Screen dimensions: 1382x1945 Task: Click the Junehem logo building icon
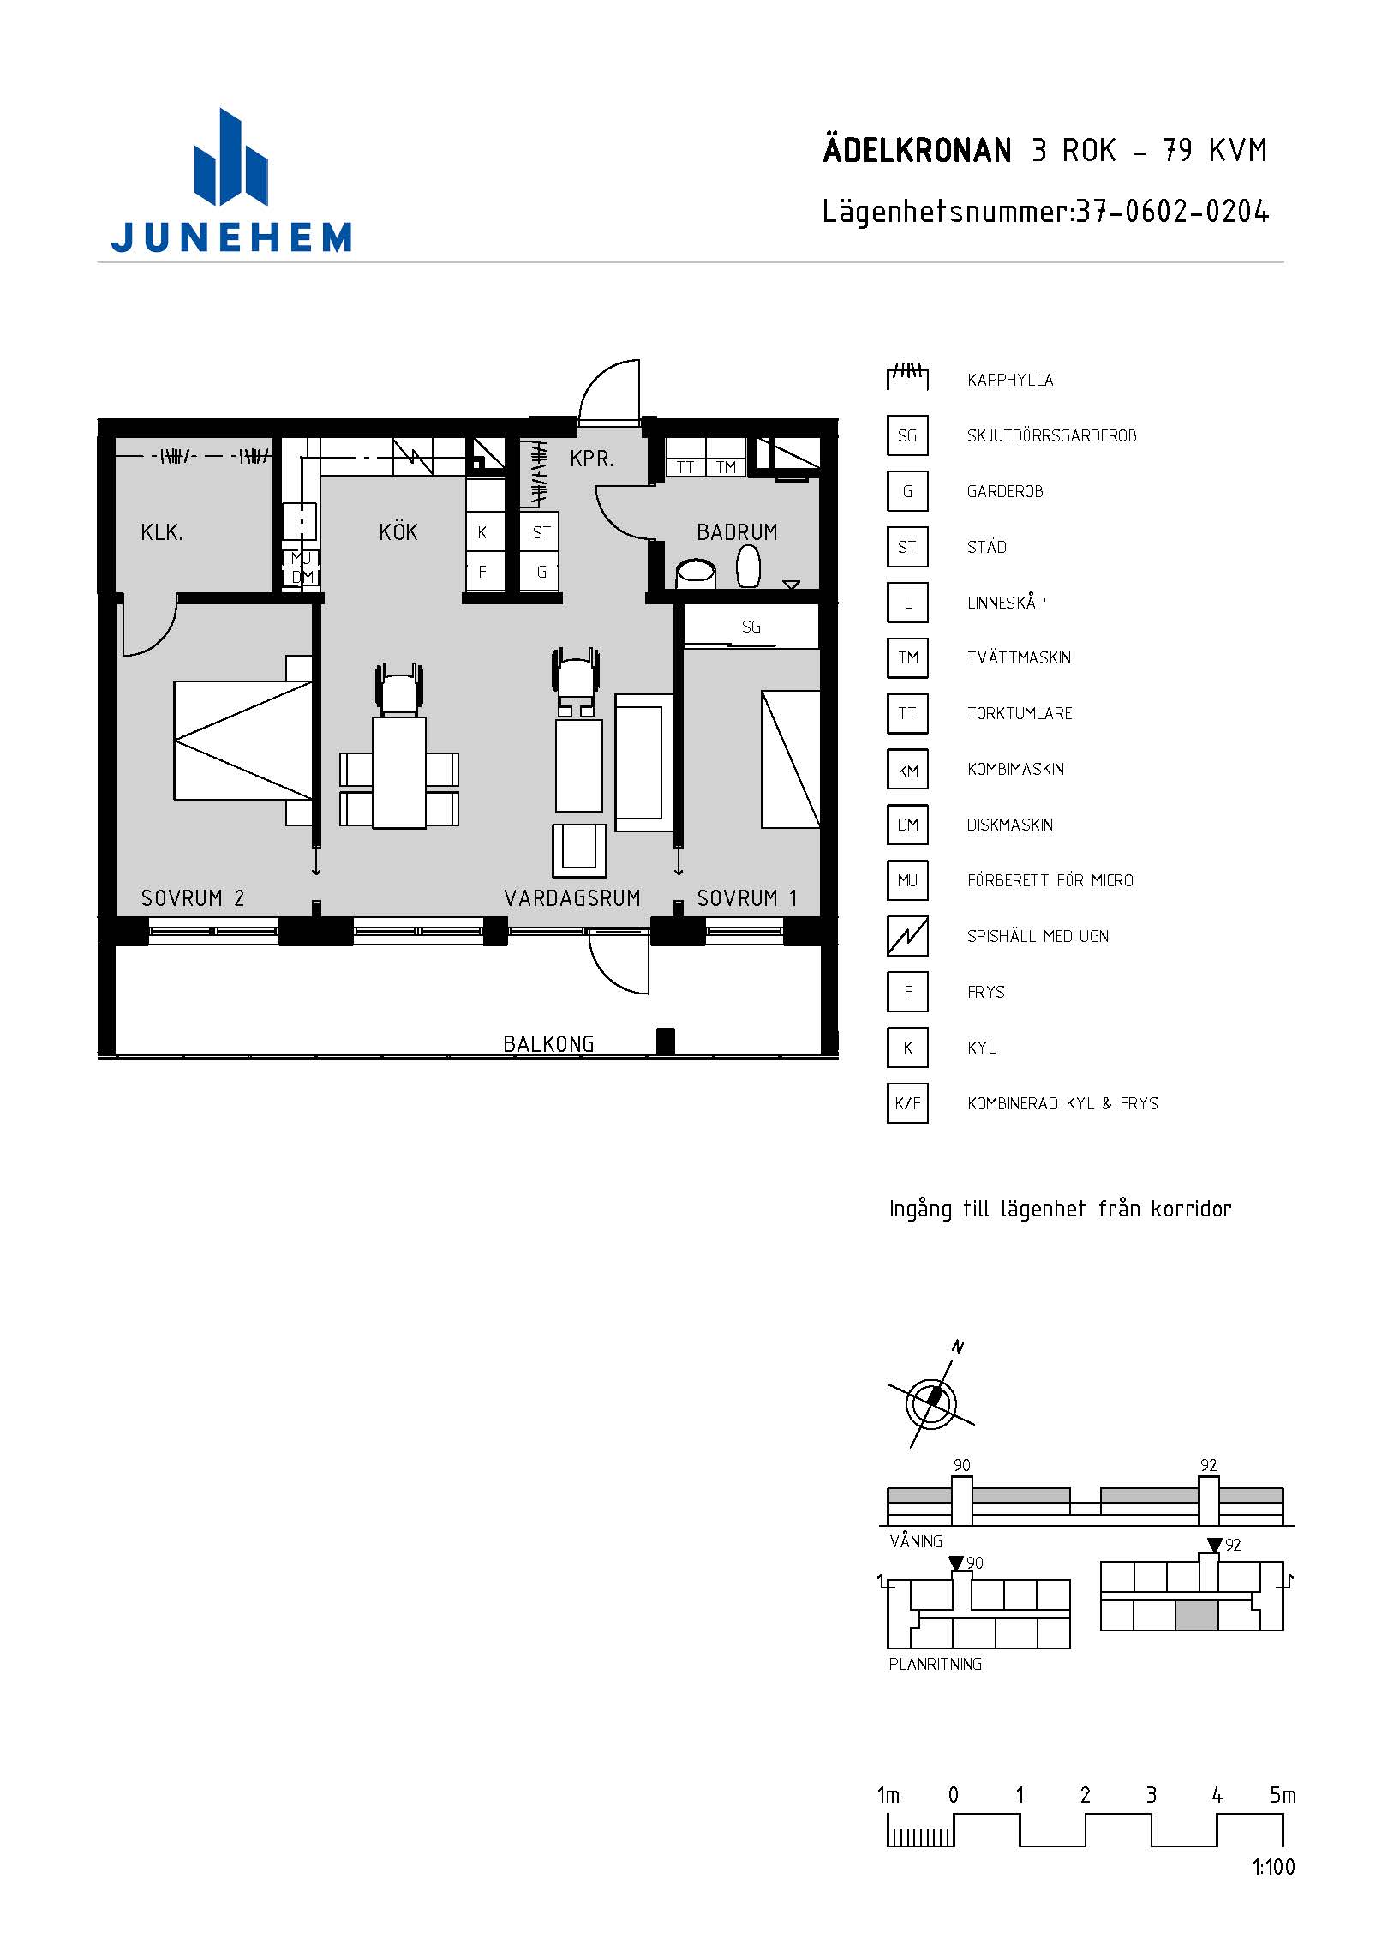(230, 158)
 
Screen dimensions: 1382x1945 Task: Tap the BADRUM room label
(737, 532)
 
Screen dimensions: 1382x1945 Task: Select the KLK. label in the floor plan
(162, 532)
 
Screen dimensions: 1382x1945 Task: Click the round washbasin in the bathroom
(696, 572)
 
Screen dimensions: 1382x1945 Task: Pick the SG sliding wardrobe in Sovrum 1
(751, 627)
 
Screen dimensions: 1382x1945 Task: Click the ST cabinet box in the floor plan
(540, 532)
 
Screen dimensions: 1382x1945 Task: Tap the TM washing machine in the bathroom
(726, 466)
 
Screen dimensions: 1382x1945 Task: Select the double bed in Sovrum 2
(243, 741)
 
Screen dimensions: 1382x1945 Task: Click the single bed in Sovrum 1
(791, 759)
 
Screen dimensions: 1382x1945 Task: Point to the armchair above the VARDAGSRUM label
(579, 850)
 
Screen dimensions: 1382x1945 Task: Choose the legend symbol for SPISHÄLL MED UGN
(907, 936)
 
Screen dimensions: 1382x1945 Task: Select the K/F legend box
(907, 1103)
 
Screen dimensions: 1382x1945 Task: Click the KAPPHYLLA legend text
(1010, 380)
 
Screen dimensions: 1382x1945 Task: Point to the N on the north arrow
(958, 1348)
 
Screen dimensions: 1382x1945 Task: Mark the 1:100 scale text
(1273, 1866)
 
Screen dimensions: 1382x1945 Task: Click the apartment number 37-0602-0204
(1172, 211)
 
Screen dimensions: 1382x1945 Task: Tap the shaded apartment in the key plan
(1196, 1615)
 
